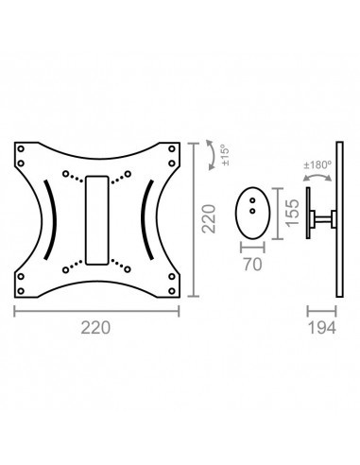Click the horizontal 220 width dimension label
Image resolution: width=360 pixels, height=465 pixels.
(x=95, y=328)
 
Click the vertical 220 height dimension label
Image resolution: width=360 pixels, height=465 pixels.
(x=209, y=218)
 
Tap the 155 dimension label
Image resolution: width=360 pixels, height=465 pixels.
(x=292, y=212)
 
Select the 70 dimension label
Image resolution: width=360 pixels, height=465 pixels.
(x=252, y=265)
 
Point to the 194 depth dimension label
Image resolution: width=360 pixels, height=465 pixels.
(x=321, y=328)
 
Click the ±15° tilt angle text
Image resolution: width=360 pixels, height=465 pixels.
(x=226, y=155)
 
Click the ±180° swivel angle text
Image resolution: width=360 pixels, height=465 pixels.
(x=317, y=164)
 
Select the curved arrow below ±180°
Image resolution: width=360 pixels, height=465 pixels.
(x=317, y=175)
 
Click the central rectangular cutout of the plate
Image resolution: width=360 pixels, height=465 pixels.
(x=97, y=220)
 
